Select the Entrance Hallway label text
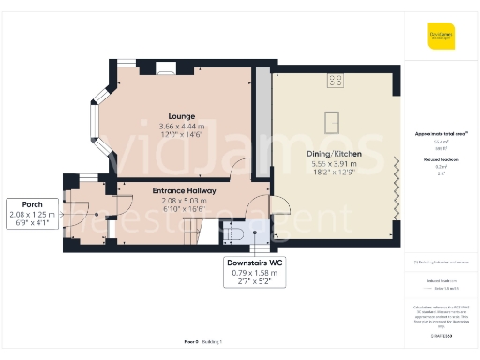click(x=185, y=190)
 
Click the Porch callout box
click(x=33, y=214)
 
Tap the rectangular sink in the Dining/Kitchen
click(x=332, y=120)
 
